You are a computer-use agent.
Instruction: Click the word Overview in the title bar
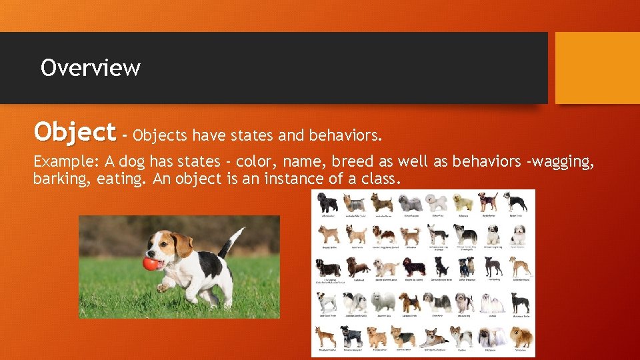(x=90, y=68)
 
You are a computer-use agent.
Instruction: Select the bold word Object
(x=75, y=132)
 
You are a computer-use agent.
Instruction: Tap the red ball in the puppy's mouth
(x=151, y=263)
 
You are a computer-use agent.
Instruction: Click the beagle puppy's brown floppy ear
(x=181, y=245)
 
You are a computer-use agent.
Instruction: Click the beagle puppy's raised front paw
(x=164, y=286)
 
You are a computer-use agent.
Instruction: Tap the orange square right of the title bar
(x=597, y=68)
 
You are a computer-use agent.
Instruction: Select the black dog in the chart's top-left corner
(x=327, y=202)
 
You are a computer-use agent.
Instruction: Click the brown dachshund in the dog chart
(x=357, y=267)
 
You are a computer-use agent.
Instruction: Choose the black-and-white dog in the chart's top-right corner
(x=516, y=202)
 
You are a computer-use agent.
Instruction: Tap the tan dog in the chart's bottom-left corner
(x=327, y=337)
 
